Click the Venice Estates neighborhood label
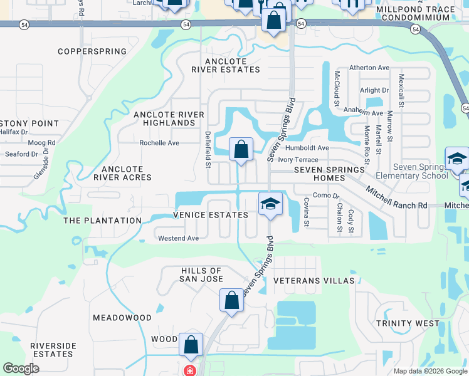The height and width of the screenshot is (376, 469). [202, 215]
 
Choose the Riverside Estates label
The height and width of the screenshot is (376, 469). [53, 350]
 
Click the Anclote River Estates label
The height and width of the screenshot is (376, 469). [226, 65]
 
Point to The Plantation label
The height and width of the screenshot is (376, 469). [103, 221]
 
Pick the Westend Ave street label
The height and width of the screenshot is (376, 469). [178, 238]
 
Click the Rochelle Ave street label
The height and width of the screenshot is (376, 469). [159, 143]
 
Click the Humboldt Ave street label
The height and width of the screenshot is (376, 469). [307, 148]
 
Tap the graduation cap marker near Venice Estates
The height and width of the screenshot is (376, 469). [270, 204]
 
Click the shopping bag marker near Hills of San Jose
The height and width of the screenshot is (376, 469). [231, 300]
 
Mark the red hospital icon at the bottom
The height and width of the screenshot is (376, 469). [189, 370]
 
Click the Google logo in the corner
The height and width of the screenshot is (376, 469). [21, 368]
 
